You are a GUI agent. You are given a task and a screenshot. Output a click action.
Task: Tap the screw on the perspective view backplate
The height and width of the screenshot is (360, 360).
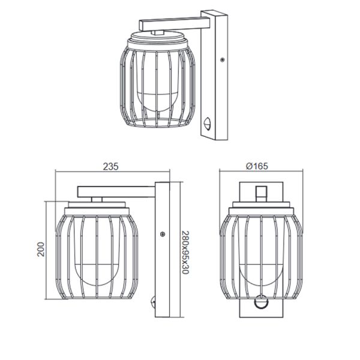tap(223, 60)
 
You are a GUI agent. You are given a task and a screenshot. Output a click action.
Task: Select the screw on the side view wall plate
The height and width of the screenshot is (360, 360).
tap(162, 234)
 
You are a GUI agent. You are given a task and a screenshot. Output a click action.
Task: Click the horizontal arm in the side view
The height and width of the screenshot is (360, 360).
tap(117, 191)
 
